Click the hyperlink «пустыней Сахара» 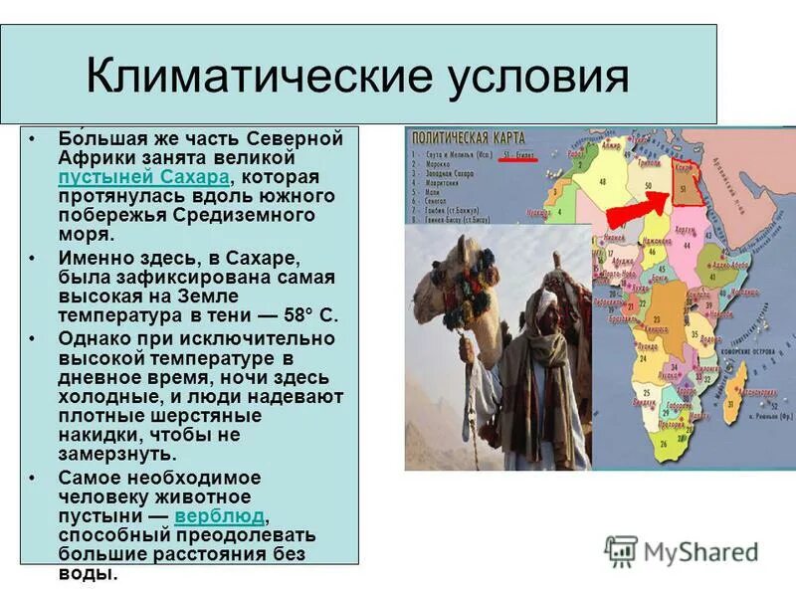pyautogui.click(x=143, y=177)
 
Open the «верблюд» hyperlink pyautogui.click(x=219, y=516)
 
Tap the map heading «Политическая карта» pyautogui.click(x=461, y=136)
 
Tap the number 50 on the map pyautogui.click(x=648, y=185)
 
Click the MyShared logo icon pyautogui.click(x=621, y=550)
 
